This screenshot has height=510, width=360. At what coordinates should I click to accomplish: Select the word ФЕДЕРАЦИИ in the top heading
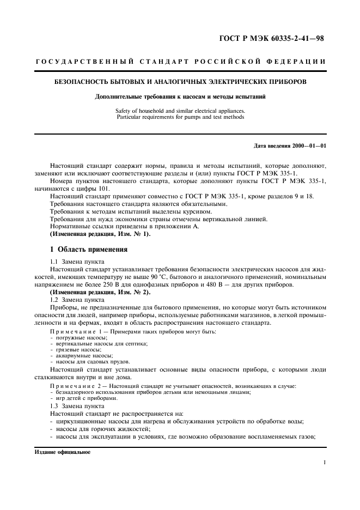pyautogui.click(x=299, y=61)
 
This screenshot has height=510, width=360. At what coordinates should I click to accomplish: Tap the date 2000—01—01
pyautogui.click(x=309, y=146)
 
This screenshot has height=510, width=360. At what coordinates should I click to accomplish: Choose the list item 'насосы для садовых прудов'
pyautogui.click(x=90, y=361)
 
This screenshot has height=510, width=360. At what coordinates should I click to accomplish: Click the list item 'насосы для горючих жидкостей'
pyautogui.click(x=97, y=429)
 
